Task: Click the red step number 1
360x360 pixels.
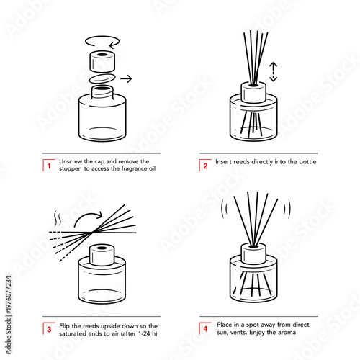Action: pyautogui.click(x=48, y=165)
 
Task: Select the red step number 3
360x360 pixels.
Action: pyautogui.click(x=48, y=329)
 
